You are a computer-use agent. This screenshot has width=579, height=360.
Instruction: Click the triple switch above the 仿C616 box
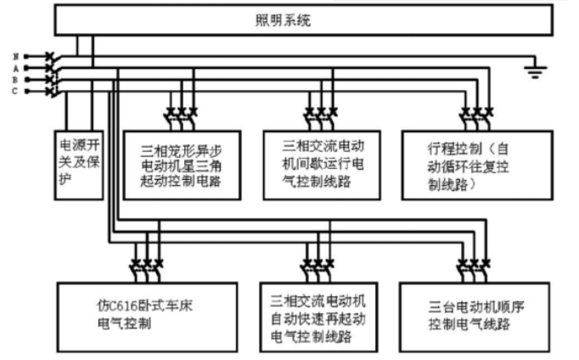[x=146, y=262]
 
